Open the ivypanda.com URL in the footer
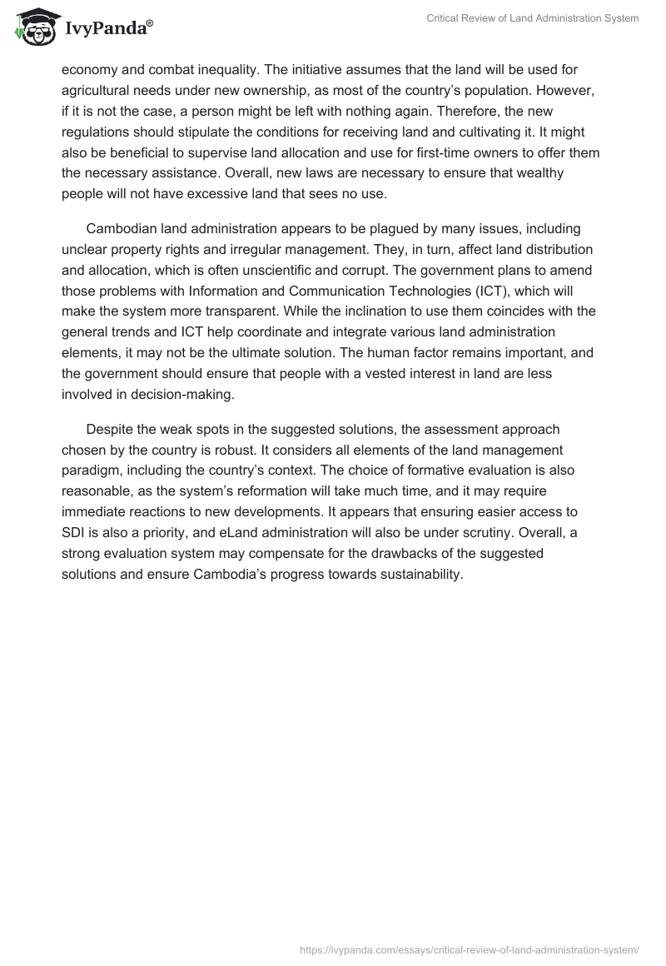469,949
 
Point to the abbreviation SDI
76,533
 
